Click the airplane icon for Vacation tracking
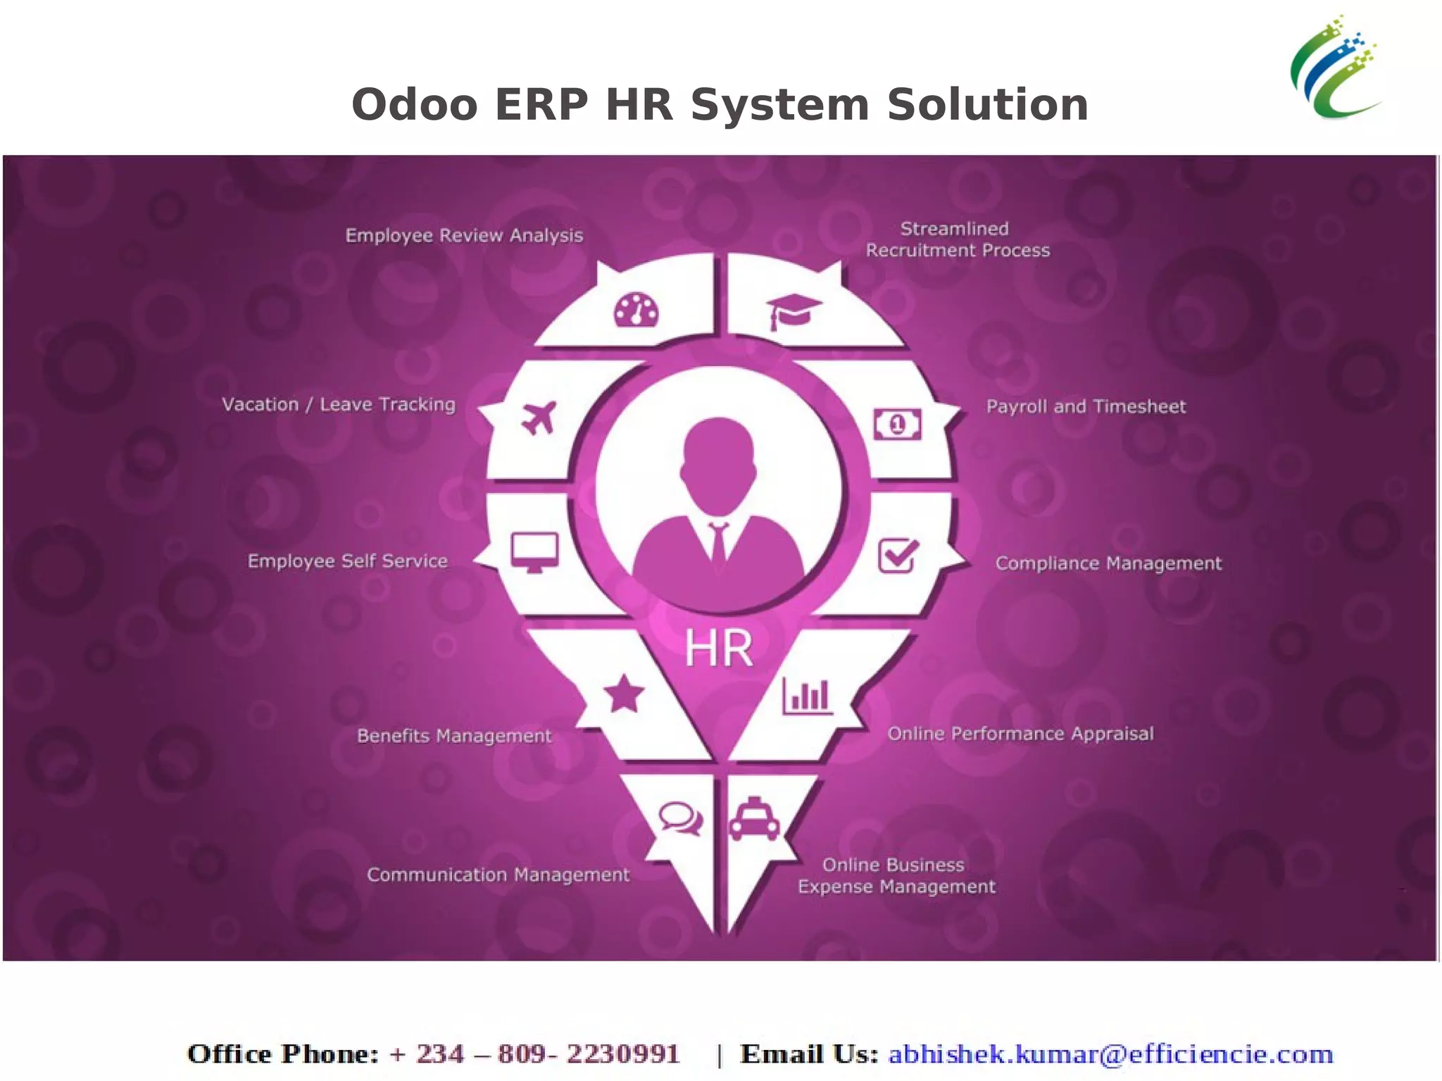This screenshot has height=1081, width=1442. click(539, 418)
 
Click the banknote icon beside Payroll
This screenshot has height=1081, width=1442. click(897, 424)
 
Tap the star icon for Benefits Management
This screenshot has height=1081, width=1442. click(624, 694)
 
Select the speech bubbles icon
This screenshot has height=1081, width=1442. click(680, 819)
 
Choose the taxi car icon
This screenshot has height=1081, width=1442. click(754, 820)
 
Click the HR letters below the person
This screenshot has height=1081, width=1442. click(718, 649)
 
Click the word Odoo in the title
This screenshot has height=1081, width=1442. click(414, 105)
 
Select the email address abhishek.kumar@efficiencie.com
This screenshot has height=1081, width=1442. click(1110, 1054)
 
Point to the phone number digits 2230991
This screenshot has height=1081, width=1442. click(622, 1054)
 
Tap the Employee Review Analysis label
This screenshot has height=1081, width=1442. click(464, 235)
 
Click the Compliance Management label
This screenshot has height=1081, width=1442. click(1108, 563)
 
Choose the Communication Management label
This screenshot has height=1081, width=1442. click(498, 875)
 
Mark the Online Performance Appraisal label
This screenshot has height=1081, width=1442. click(1020, 734)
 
